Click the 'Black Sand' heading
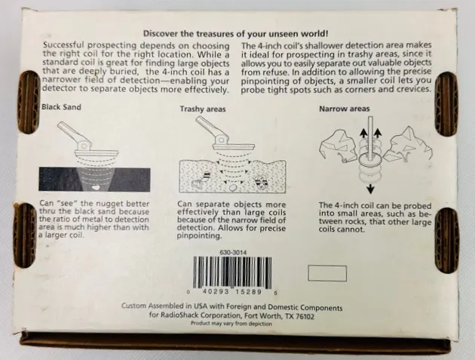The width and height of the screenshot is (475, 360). pos(61,107)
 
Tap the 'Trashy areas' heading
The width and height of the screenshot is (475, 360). pos(203,109)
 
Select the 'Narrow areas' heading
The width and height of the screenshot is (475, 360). pos(344,109)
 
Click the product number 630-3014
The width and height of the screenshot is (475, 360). pos(233,252)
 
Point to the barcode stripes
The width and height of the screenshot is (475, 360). pos(232,272)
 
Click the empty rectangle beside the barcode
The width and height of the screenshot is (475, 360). pos(327,273)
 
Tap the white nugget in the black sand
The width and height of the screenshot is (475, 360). pos(96,187)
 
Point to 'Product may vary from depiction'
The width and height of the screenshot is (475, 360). pos(231,324)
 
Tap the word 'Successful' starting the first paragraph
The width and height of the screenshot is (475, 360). pos(64,45)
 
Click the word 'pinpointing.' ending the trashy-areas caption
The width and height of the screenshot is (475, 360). pos(199,236)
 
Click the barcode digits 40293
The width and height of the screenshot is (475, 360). pos(213,292)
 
